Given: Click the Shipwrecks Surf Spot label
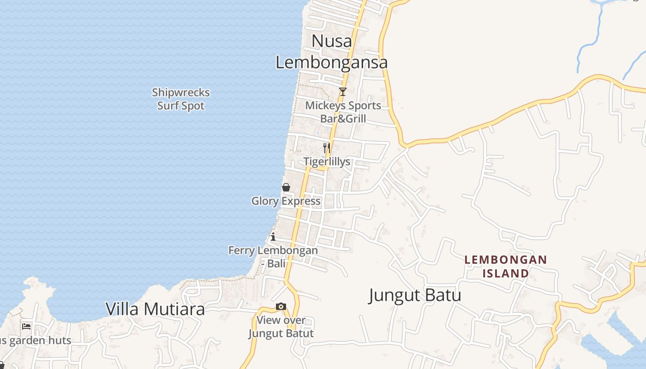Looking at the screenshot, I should [181, 99].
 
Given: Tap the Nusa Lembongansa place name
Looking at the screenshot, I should [331, 52].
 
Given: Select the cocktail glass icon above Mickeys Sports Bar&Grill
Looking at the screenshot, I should [342, 92].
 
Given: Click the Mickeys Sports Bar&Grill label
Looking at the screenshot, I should [343, 112].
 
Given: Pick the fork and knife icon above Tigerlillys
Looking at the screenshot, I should [327, 148].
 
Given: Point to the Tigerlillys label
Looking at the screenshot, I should [327, 162].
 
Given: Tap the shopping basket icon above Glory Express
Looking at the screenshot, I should [286, 187].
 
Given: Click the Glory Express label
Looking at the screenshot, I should [286, 201].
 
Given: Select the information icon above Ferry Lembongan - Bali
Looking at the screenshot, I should [273, 237].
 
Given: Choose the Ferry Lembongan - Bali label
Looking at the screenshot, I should [273, 257].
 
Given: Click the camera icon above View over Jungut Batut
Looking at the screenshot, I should [281, 307].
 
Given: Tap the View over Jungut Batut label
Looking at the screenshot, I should [281, 327].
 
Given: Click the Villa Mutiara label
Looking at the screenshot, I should [155, 309].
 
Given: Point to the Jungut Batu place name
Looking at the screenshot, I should [415, 295].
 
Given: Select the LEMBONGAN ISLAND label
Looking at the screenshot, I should [505, 267].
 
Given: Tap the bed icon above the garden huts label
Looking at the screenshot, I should [26, 327].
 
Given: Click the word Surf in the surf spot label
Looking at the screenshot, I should [168, 106].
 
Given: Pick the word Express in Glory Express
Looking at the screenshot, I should [301, 201].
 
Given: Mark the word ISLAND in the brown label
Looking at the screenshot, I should [506, 274].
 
